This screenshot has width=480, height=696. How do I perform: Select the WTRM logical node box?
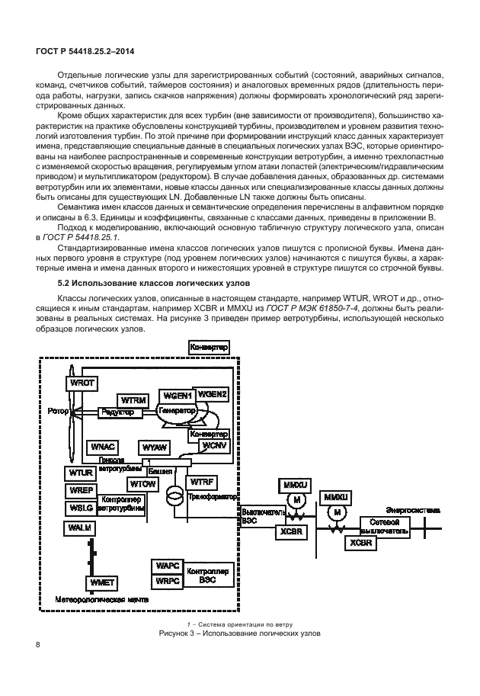click(x=133, y=399)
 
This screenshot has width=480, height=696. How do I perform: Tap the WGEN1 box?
click(x=176, y=396)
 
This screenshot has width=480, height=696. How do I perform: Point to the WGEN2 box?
click(x=212, y=394)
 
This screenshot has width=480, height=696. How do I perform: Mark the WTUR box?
click(x=80, y=473)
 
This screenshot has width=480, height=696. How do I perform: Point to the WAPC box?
click(x=167, y=566)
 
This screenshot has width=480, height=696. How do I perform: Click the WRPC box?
click(x=167, y=581)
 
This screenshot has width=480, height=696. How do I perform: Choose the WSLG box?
click(x=80, y=506)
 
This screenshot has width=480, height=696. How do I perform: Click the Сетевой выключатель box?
click(x=386, y=526)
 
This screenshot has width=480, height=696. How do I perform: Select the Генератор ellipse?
click(x=177, y=410)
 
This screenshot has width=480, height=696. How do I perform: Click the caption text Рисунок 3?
click(x=239, y=633)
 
